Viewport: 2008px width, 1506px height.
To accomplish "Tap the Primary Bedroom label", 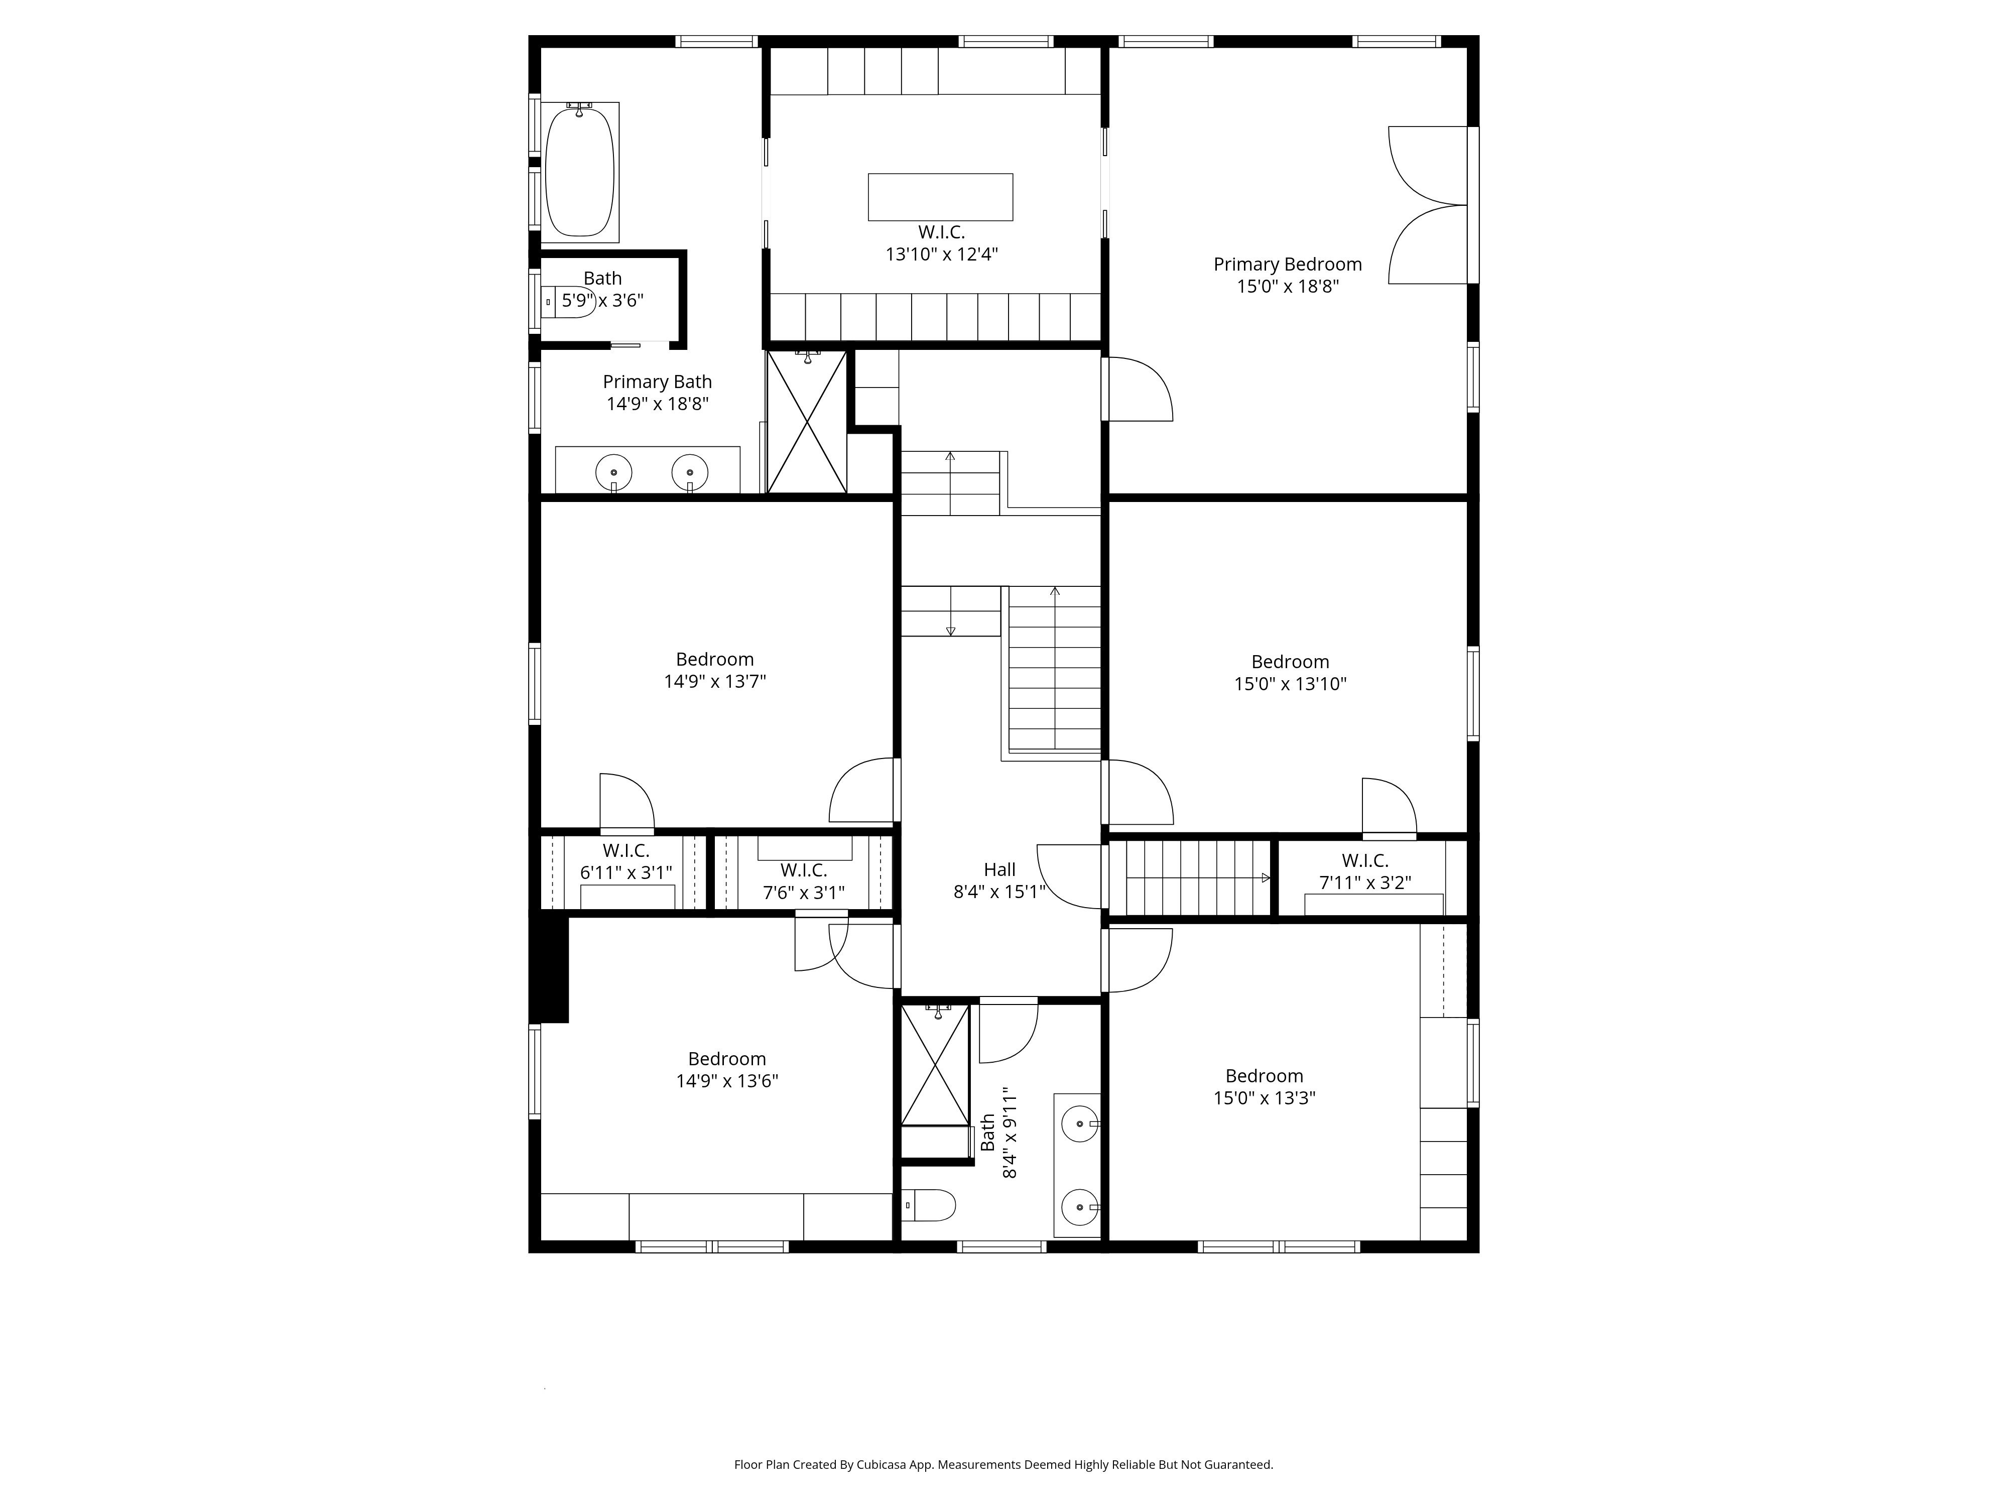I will [1287, 264].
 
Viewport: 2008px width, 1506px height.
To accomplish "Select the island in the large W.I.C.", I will [940, 197].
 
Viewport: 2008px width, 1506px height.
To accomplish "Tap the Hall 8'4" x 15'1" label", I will [999, 881].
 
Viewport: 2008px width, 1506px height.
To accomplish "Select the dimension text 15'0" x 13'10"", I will [1290, 684].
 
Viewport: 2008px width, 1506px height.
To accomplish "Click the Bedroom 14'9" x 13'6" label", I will [726, 1069].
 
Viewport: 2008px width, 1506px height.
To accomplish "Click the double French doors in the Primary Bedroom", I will [1428, 205].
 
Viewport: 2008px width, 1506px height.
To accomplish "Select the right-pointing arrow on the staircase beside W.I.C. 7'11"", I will [1266, 878].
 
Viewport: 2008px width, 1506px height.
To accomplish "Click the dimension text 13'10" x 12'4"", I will [941, 254].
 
